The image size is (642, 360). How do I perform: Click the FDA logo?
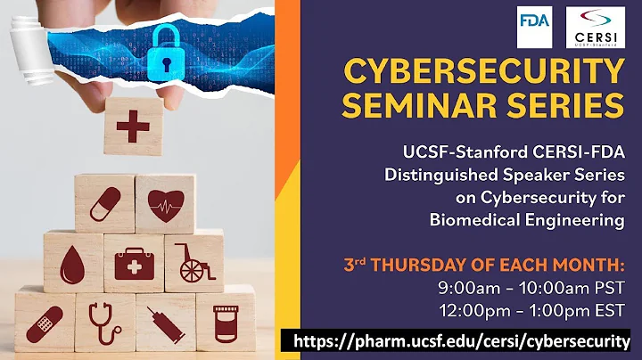(x=534, y=26)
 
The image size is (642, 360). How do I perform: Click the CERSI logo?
(x=595, y=27)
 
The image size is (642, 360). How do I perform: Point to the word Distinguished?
(x=437, y=175)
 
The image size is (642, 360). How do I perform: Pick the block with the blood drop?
(x=74, y=263)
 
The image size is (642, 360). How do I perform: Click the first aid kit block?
(x=134, y=263)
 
